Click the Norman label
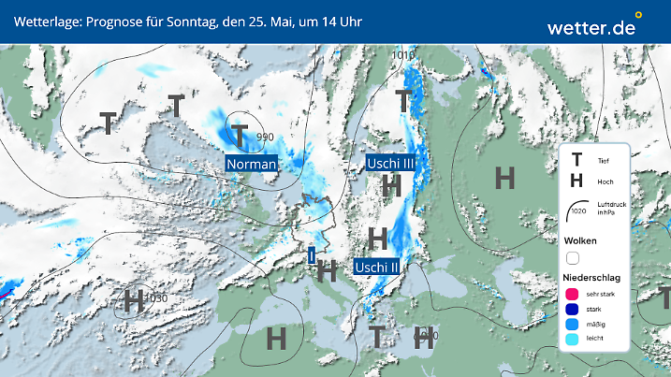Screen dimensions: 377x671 click(252, 165)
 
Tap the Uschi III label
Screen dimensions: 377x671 click(389, 164)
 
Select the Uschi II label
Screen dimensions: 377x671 click(378, 267)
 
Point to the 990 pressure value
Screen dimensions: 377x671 click(266, 138)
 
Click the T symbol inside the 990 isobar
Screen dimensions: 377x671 click(241, 136)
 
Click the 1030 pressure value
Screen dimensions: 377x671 click(156, 298)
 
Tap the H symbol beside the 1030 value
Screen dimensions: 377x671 click(133, 301)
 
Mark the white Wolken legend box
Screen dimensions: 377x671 click(574, 258)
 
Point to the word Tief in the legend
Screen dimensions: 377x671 click(603, 162)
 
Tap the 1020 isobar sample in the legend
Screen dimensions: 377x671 click(577, 209)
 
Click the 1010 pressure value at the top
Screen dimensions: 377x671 click(403, 55)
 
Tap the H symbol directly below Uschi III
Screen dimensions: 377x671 click(391, 185)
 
